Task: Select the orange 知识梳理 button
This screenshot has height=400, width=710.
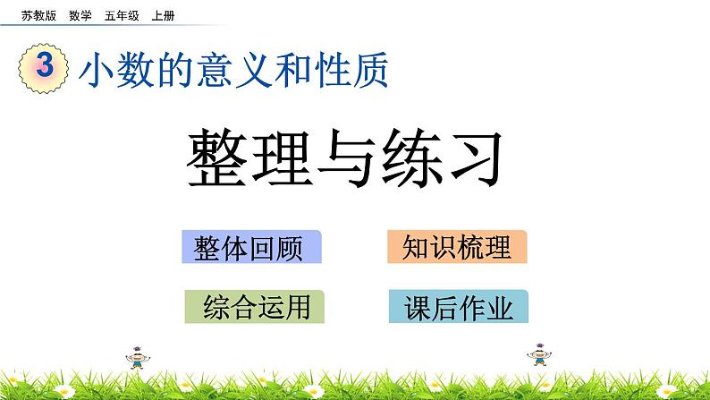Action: [x=457, y=247]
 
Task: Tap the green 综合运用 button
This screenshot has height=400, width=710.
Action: [x=256, y=307]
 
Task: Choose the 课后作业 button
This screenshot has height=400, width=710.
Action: [x=459, y=308]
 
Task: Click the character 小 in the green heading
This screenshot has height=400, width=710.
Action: [x=97, y=71]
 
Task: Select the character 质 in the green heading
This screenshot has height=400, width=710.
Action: [x=372, y=71]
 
